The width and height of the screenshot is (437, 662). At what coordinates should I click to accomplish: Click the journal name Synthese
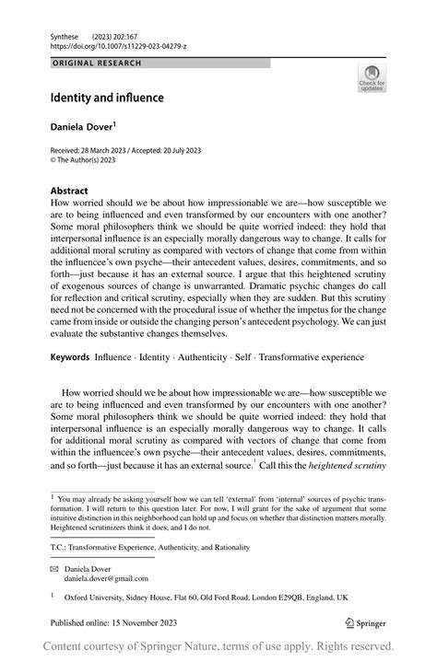65,33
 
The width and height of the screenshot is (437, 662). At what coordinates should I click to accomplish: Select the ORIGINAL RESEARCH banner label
97,64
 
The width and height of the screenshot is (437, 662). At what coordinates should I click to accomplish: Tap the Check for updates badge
372,78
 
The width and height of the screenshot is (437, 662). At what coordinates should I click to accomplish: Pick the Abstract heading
69,192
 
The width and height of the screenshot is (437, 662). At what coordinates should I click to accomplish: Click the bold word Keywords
70,357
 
